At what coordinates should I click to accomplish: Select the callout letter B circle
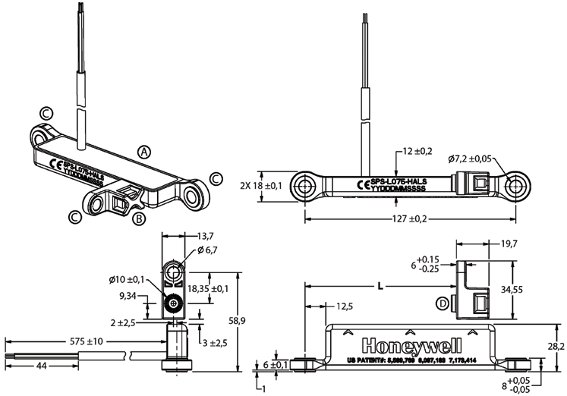coord(138,219)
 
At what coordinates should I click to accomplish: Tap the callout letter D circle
coord(443,304)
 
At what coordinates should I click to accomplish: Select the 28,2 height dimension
coord(555,346)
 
